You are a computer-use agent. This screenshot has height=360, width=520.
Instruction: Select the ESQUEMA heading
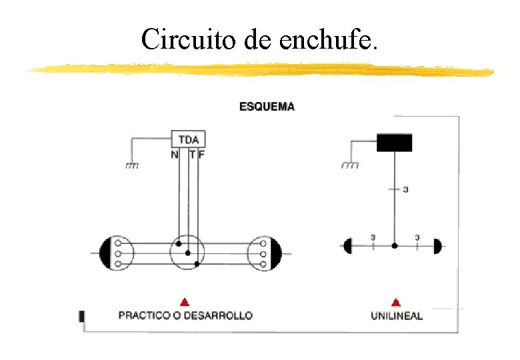(x=267, y=106)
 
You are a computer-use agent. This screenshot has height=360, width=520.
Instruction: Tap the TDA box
(x=189, y=139)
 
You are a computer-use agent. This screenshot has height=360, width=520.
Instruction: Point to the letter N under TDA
(x=175, y=155)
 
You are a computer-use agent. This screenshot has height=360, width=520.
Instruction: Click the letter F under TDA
(x=202, y=155)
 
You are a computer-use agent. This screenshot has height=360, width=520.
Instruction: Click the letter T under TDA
(x=193, y=155)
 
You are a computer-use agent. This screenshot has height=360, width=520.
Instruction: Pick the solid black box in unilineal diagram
(x=394, y=143)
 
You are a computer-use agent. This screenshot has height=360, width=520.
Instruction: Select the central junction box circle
(x=187, y=253)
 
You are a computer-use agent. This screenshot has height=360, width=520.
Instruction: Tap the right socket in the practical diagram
(x=265, y=253)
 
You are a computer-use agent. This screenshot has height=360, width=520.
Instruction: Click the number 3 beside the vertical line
(x=405, y=190)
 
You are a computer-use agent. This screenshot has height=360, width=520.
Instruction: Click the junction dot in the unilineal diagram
(x=395, y=246)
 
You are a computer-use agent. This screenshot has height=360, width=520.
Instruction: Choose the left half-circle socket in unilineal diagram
(x=347, y=246)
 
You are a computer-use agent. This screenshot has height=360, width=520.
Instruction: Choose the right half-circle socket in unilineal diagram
(x=437, y=246)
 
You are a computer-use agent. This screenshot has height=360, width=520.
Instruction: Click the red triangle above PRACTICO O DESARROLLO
(x=185, y=302)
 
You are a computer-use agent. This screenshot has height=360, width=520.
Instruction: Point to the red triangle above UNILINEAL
(x=396, y=302)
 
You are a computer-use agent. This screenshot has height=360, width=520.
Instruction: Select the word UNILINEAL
(x=397, y=316)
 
